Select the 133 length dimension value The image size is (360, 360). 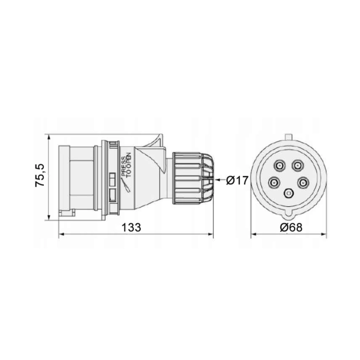coord(131,227)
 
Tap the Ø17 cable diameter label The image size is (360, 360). coord(237,180)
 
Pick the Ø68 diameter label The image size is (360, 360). coord(291,227)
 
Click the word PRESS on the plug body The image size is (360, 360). coord(123,166)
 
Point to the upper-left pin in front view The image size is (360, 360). coord(279,165)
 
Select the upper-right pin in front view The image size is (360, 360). coord(298,165)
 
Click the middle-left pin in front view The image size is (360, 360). coord(274,183)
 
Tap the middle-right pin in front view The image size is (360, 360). coord(303,183)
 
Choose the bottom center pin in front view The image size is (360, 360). coord(289,193)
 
